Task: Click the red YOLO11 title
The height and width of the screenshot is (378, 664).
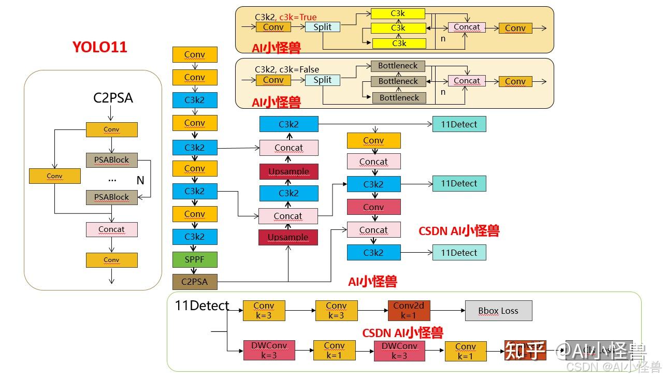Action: pos(99,47)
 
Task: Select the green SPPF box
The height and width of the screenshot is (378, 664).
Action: pos(195,259)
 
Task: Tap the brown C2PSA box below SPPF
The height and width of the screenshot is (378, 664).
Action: pos(195,282)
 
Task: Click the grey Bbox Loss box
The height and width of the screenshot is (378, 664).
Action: pos(498,311)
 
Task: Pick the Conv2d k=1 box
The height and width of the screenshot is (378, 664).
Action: pos(409,310)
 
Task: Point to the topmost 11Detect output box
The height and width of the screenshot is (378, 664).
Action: pos(459,124)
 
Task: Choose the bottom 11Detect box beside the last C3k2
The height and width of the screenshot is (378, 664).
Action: pos(459,253)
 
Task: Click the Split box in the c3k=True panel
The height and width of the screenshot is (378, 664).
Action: pos(322,27)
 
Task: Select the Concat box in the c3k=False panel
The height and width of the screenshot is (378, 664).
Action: pos(467,81)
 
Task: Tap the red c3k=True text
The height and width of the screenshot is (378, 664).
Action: pos(298,17)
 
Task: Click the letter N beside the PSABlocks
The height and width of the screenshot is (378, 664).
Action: pos(140,180)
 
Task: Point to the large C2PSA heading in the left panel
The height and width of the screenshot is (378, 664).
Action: pos(113,98)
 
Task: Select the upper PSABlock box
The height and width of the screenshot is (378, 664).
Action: pos(111,160)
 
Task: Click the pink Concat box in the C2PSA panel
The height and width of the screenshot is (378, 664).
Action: pos(111,229)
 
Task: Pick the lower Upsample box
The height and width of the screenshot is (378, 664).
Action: pos(288,238)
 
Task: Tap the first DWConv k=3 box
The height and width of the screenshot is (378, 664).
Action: pos(269,350)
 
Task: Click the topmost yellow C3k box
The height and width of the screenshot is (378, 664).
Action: pos(398,13)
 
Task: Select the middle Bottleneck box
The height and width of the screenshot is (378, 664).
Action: pos(398,81)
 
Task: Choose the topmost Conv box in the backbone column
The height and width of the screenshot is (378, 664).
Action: pos(195,54)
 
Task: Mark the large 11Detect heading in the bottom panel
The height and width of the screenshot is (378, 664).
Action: pos(202,306)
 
